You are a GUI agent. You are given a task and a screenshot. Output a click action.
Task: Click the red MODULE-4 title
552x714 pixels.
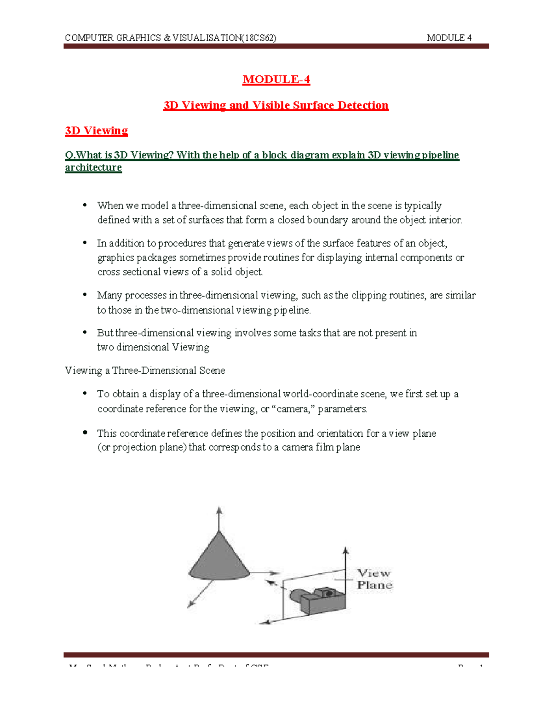point(276,80)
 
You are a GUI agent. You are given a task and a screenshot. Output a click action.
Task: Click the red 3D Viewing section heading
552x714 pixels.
point(96,131)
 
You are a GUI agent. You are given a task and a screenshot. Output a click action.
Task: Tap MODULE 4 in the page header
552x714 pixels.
point(449,38)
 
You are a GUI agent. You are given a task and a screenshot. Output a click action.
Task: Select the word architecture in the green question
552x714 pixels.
point(93,167)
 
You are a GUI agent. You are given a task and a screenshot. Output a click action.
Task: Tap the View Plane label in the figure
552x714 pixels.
point(374,579)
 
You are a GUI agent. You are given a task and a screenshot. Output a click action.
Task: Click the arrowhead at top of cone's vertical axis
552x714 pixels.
point(219,510)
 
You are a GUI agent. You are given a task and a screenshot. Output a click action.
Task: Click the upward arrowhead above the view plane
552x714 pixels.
point(345,550)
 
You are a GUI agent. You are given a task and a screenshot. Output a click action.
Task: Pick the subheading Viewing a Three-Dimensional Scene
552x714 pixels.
point(145,371)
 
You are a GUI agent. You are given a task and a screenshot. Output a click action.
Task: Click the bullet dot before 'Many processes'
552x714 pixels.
point(85,295)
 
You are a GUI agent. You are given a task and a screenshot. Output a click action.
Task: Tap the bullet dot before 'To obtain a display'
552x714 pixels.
point(85,394)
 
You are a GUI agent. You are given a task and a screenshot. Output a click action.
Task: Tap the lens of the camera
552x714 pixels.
point(296,597)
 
